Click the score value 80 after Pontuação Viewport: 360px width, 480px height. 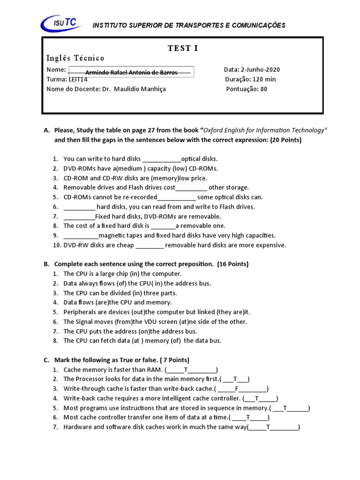(263, 89)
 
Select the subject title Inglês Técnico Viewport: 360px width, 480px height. (75, 58)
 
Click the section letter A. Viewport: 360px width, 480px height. (46, 130)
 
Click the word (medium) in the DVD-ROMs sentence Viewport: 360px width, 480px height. (136, 168)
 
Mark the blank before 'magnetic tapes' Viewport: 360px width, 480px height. (81, 235)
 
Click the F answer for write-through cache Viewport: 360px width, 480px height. (237, 389)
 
